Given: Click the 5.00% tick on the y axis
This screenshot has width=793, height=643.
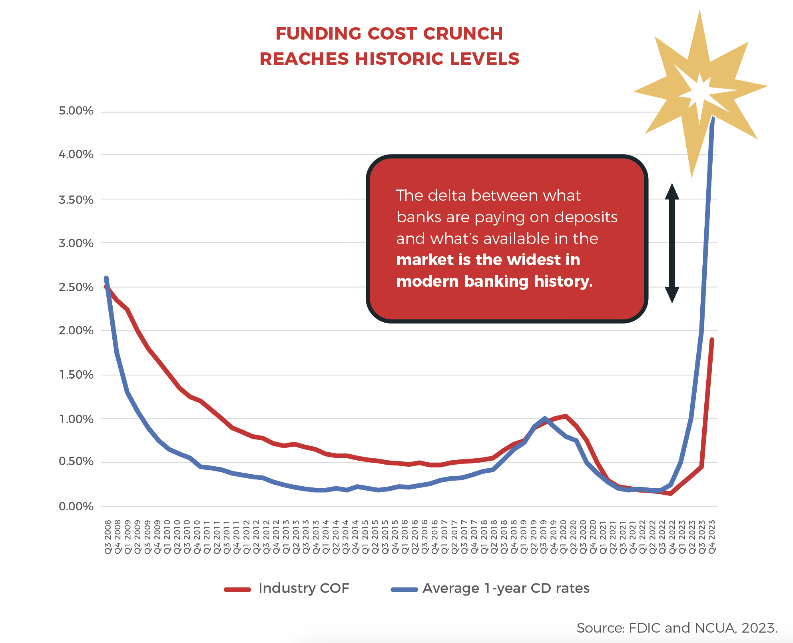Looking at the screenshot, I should pyautogui.click(x=76, y=111).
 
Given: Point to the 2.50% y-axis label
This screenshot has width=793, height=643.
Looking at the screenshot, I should pyautogui.click(x=76, y=287).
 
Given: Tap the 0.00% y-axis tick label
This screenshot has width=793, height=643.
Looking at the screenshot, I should pyautogui.click(x=76, y=507).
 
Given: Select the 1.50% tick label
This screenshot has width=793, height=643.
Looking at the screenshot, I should pyautogui.click(x=76, y=375).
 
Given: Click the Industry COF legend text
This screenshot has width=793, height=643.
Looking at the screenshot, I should pyautogui.click(x=304, y=589).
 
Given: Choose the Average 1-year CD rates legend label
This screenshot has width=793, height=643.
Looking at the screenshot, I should pyautogui.click(x=506, y=589).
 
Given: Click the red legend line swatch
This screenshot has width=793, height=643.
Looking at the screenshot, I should pyautogui.click(x=237, y=589).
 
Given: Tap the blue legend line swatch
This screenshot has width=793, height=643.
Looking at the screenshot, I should pyautogui.click(x=404, y=589).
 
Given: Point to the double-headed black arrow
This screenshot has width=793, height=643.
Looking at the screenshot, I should pyautogui.click(x=672, y=243).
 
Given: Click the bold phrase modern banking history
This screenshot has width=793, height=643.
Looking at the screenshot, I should pyautogui.click(x=494, y=282).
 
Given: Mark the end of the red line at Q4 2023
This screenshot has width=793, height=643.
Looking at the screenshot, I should pyautogui.click(x=712, y=340).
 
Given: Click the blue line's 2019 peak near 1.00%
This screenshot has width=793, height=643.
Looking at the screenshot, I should pyautogui.click(x=544, y=418).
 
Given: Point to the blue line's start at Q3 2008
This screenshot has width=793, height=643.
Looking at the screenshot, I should pyautogui.click(x=106, y=278).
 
